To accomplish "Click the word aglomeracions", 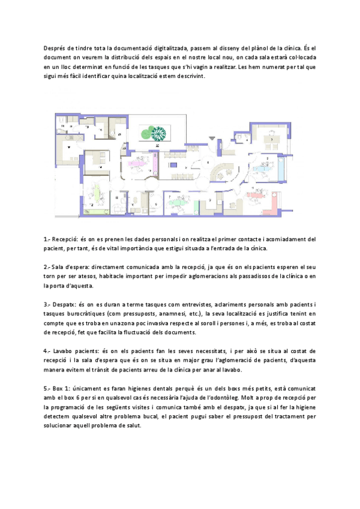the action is pyautogui.click(x=238, y=276).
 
